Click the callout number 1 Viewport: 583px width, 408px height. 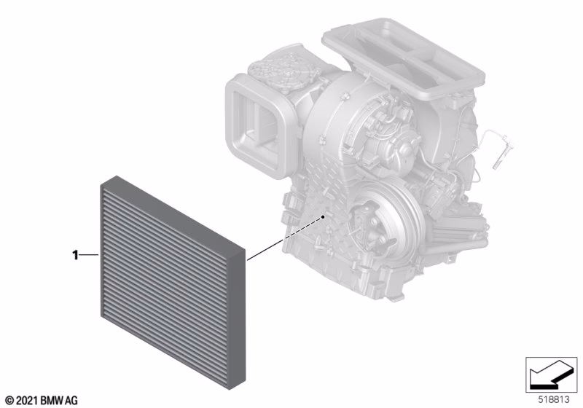[76, 255]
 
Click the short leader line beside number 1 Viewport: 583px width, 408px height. [89, 255]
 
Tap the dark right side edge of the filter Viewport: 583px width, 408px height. [238, 319]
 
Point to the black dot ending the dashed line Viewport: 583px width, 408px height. [324, 216]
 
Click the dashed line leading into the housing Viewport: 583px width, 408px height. [302, 228]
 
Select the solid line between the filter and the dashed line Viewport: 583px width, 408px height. [265, 250]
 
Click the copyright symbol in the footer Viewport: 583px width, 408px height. [9, 401]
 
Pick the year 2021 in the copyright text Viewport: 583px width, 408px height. [27, 401]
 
